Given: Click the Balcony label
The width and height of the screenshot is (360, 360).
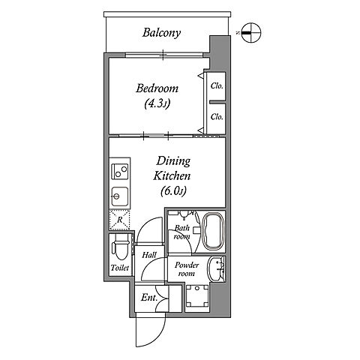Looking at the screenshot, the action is click(x=161, y=33).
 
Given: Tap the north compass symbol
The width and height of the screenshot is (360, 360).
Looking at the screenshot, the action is click(x=251, y=33).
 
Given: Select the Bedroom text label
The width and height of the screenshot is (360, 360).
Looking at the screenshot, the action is click(x=157, y=88).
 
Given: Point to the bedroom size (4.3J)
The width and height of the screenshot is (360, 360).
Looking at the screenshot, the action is click(x=157, y=103).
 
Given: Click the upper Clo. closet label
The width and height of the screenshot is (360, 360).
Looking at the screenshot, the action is click(x=217, y=86).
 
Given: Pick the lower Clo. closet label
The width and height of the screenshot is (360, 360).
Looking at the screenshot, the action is click(x=217, y=117).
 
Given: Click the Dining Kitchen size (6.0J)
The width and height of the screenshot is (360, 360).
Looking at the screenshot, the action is click(x=173, y=191).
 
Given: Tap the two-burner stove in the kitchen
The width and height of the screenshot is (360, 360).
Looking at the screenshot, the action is click(x=120, y=171).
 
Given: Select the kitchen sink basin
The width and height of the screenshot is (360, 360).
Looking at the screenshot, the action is click(x=120, y=196).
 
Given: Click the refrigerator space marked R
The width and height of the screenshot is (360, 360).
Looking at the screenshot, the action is click(x=119, y=220).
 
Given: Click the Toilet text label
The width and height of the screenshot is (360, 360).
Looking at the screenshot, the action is click(x=120, y=268).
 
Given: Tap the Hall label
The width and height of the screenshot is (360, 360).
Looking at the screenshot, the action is click(x=149, y=255).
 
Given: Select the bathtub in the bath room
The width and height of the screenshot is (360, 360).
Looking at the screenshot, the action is click(x=213, y=231).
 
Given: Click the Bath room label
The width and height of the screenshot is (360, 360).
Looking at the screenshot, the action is click(x=182, y=232).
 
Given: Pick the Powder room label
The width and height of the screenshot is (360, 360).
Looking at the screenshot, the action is click(x=187, y=269).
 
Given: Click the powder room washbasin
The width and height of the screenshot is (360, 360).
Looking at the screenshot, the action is click(x=216, y=269).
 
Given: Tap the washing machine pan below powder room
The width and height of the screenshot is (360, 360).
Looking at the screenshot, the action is click(x=197, y=296).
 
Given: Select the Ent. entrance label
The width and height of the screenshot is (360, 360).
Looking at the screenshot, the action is click(x=149, y=298).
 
